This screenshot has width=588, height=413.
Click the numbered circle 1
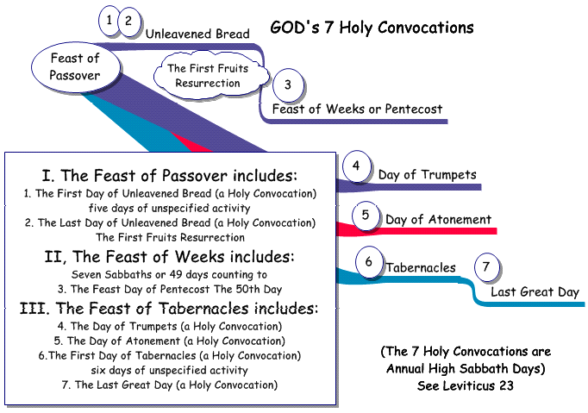[109, 20]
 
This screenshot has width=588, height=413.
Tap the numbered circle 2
[129, 22]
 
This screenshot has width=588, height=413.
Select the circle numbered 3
[288, 84]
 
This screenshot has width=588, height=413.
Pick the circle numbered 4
[356, 166]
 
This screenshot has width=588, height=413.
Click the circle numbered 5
[366, 216]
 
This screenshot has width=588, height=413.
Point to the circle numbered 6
[369, 261]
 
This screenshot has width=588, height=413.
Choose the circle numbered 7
[487, 266]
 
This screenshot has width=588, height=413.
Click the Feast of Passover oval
[76, 66]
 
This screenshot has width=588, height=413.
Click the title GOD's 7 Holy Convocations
[372, 28]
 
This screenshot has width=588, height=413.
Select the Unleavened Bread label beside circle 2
[197, 34]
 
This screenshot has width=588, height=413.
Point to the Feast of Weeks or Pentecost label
[357, 110]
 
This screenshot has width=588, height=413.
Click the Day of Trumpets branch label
[427, 174]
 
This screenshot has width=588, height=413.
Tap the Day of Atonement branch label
[438, 219]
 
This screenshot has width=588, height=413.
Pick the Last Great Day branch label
[535, 291]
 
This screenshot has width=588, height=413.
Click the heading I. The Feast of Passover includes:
[170, 176]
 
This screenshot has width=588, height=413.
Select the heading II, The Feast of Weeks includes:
[170, 257]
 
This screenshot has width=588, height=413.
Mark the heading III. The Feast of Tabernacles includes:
[169, 309]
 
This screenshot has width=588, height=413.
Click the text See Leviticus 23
[466, 385]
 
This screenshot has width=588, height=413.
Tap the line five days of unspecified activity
[170, 208]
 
